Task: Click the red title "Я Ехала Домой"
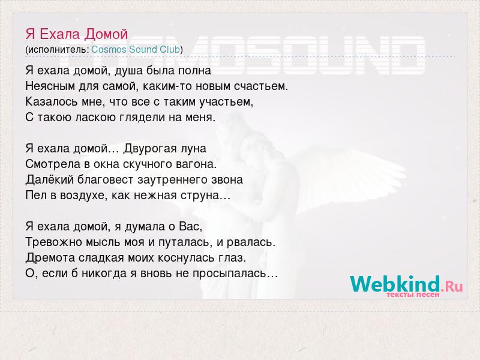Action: point(77,34)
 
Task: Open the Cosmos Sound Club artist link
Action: point(136,49)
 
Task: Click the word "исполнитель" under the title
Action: point(58,50)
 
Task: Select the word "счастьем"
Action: point(261,86)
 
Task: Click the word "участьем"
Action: point(226,102)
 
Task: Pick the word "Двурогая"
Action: point(150,148)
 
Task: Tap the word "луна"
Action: point(193,149)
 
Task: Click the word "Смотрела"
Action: point(53,164)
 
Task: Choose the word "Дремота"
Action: point(50,257)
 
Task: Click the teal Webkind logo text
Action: point(395,284)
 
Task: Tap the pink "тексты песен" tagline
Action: point(413,295)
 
